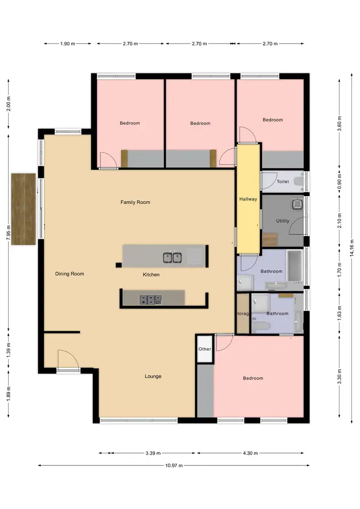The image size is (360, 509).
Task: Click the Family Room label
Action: click(135, 202)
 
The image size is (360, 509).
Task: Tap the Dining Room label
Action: click(70, 274)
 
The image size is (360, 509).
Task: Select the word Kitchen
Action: click(151, 275)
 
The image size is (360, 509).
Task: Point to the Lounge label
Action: click(153, 376)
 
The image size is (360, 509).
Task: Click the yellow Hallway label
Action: click(248, 199)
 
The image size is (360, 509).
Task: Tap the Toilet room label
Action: click(283, 182)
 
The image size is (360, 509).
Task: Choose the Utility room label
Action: click(283, 221)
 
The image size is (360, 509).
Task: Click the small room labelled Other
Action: click(205, 349)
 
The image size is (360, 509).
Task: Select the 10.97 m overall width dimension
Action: click(174, 465)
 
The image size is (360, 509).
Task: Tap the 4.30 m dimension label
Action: click(250, 453)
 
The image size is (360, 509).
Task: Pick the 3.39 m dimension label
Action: click(153, 453)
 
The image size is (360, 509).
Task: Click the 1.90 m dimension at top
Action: click(68, 44)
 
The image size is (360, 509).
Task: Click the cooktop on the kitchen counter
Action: click(151, 300)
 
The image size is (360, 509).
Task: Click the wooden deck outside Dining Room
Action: click(24, 209)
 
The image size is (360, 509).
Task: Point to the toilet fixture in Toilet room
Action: click(299, 181)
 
